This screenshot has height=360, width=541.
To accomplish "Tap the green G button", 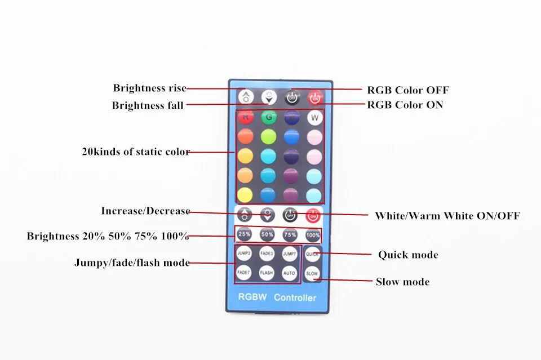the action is tap(268, 118).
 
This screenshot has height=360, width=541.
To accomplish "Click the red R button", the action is tap(245, 118).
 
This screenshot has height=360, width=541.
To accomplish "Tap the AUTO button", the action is tap(290, 273).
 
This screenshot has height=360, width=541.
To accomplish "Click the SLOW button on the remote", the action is tap(312, 274).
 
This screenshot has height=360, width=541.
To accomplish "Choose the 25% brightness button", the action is tap(245, 234).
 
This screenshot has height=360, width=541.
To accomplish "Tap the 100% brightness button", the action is tap(313, 234).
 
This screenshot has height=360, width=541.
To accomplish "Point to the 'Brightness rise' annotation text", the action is tap(149, 88).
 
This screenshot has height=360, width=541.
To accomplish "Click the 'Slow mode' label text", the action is tap(402, 282).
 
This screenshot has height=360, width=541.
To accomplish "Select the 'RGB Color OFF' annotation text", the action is tap(408, 90).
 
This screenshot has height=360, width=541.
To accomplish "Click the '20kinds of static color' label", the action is tap(136, 152).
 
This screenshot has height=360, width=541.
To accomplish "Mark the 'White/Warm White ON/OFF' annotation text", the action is tap(447, 216).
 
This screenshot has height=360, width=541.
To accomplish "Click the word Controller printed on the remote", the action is tap(295, 297).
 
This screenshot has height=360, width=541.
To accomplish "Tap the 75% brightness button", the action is tap(290, 234).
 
